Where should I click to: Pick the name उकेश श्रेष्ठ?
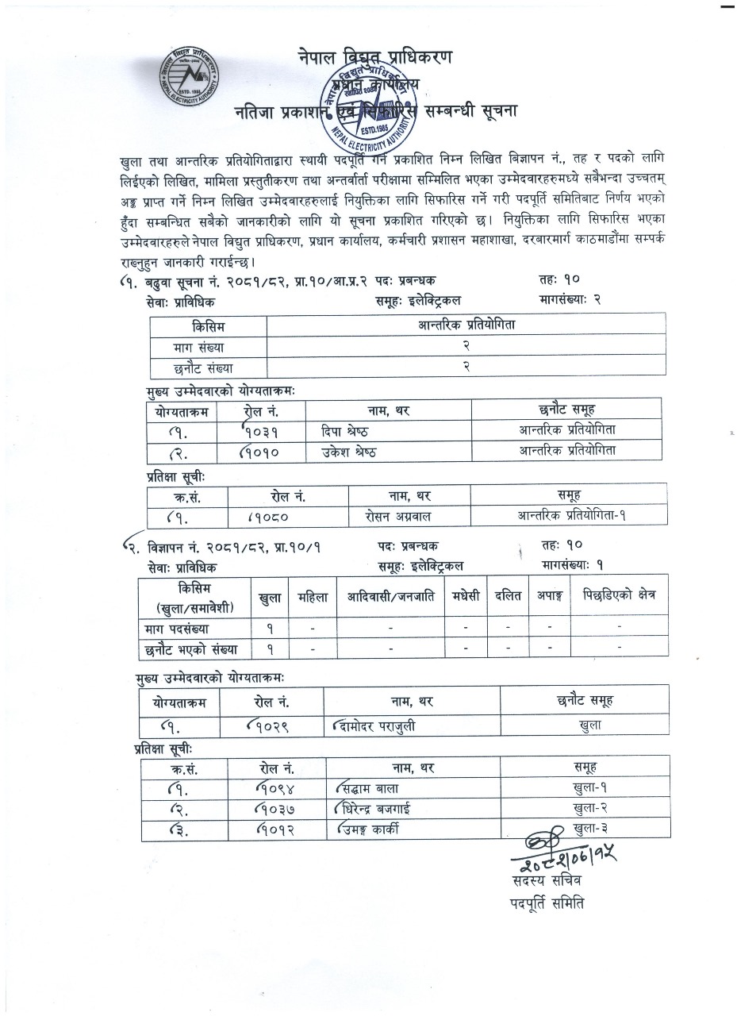point(344,450)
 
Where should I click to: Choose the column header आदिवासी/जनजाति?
point(389,596)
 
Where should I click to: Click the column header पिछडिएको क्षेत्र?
point(619,596)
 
